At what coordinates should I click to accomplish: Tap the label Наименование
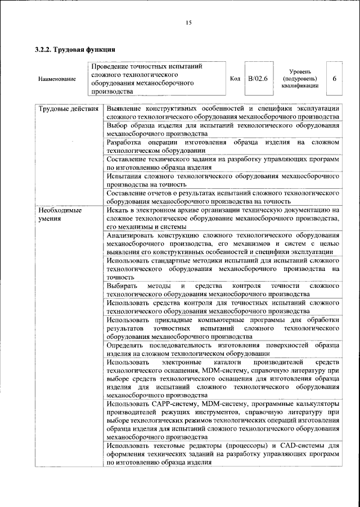[57, 79]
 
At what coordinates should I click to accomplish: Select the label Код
[236, 79]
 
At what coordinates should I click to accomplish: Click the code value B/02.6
[258, 79]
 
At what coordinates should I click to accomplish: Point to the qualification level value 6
[334, 79]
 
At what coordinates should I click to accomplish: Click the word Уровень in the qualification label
[301, 72]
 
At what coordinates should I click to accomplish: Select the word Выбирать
[121, 287]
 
